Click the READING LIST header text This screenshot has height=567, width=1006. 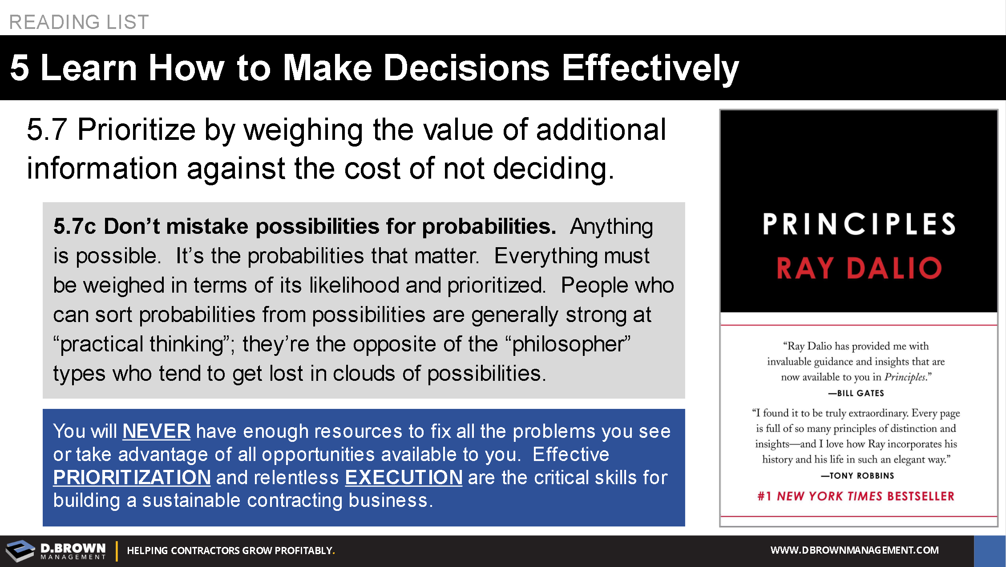[79, 22]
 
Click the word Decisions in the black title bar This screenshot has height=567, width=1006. [466, 68]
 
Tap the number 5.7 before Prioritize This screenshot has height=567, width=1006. [47, 130]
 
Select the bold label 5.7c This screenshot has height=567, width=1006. [74, 226]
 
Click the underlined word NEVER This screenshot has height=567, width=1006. [156, 431]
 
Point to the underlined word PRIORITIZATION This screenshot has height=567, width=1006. [132, 477]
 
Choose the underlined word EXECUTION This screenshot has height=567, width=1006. [404, 477]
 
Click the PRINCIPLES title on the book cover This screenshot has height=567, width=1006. [859, 224]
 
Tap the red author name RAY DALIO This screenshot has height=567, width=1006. [859, 268]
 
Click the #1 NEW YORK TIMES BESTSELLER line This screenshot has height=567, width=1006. [856, 496]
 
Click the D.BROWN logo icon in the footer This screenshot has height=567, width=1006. [20, 551]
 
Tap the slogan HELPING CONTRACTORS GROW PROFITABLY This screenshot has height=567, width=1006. [231, 551]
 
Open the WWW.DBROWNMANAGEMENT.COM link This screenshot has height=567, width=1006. [855, 550]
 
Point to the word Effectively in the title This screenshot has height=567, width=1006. [650, 68]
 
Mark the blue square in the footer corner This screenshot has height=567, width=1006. [990, 551]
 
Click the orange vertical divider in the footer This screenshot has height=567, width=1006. [117, 551]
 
